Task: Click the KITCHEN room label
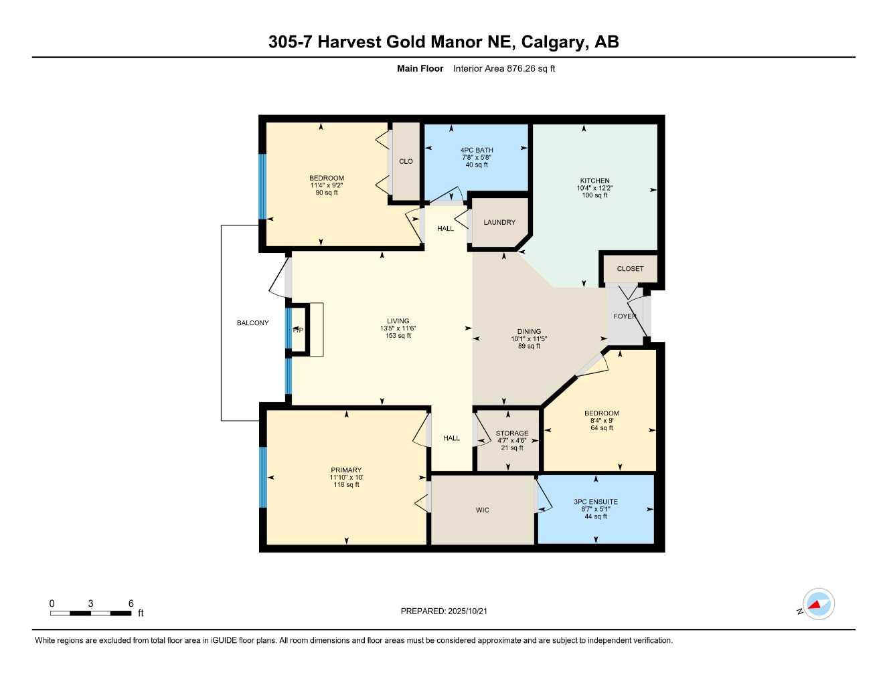point(594,181)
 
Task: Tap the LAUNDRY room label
point(499,222)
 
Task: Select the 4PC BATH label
point(476,151)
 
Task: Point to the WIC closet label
point(482,510)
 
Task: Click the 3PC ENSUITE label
point(595,502)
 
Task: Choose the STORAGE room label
point(511,433)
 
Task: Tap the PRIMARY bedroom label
point(346,470)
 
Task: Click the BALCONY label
point(252,323)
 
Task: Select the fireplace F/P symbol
point(298,330)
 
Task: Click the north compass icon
point(818,605)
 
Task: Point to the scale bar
point(91,613)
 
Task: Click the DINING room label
point(529,332)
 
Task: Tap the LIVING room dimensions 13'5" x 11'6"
point(398,328)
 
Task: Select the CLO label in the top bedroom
point(406,161)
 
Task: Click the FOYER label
point(625,316)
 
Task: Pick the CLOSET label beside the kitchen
point(630,269)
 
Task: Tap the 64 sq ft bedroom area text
point(601,428)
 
